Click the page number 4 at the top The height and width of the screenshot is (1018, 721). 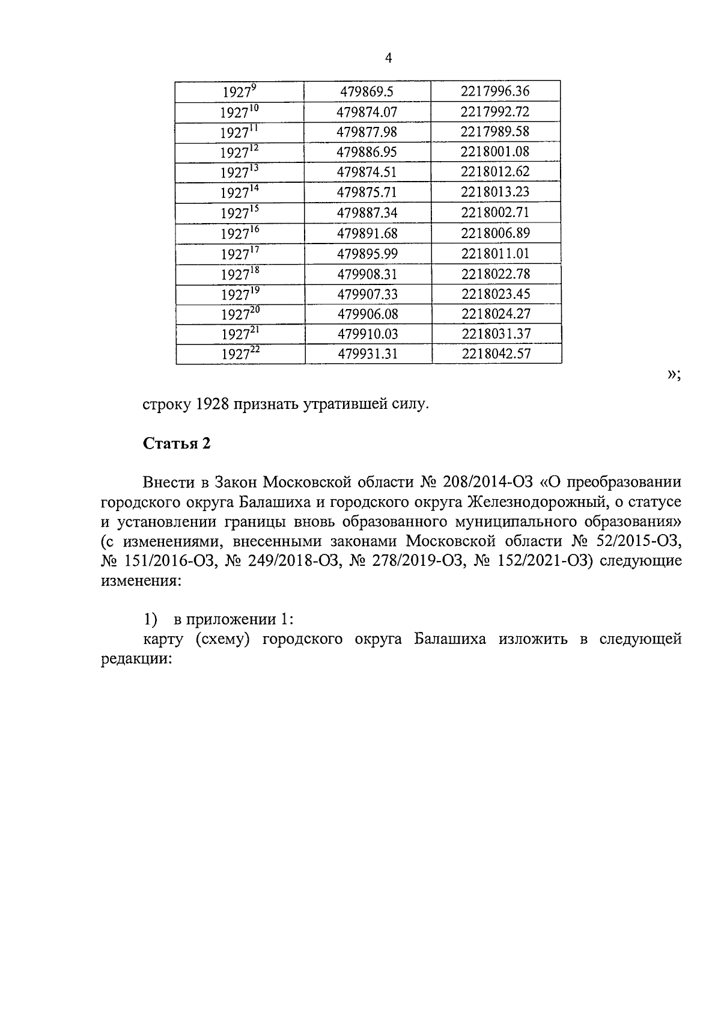[x=388, y=58]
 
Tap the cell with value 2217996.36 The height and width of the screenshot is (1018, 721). [x=495, y=91]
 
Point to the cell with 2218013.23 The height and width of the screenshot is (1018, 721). [x=495, y=192]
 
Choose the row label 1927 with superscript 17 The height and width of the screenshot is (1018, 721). [x=240, y=253]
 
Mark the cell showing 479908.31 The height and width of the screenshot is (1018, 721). [x=367, y=274]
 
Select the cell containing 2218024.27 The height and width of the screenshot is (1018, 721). [x=496, y=314]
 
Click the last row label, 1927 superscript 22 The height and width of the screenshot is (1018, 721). [x=240, y=354]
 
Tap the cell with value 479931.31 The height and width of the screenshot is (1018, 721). [x=368, y=354]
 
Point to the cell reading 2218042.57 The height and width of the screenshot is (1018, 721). [x=496, y=354]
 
